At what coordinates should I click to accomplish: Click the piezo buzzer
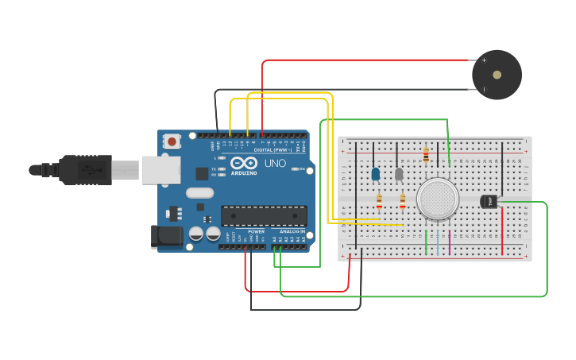point(497,75)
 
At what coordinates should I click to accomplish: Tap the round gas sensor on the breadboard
point(438,199)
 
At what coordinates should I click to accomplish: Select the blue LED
point(376,173)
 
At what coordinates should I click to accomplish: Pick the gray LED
point(400,173)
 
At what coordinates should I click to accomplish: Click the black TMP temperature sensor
point(489,202)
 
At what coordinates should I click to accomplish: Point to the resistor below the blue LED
point(379,199)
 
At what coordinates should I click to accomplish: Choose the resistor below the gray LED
point(403,199)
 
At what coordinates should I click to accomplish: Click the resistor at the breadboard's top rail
point(427,153)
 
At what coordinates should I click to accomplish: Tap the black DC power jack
point(165,235)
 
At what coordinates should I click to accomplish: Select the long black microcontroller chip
point(264,215)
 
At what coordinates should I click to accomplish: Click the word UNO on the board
point(275,163)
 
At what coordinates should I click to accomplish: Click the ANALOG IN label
point(292,231)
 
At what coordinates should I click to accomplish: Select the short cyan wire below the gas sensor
point(438,242)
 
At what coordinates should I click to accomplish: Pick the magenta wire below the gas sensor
point(450,242)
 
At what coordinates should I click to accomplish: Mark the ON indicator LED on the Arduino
point(295,169)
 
